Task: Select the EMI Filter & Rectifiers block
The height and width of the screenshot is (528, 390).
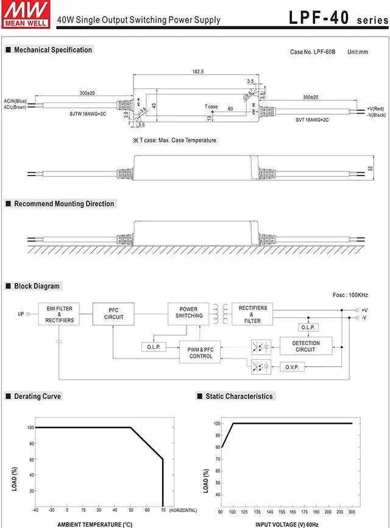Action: pos(59,315)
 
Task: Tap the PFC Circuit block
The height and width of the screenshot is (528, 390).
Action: pos(113,315)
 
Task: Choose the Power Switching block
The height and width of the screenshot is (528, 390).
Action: pos(189,313)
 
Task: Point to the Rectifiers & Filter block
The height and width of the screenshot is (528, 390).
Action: pos(252,314)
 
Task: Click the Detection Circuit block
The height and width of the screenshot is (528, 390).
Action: pos(305,346)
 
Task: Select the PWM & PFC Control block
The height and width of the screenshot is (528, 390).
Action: pos(200,352)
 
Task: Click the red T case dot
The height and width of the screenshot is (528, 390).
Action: pos(213,112)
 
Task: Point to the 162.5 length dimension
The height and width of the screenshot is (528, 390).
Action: pos(198,72)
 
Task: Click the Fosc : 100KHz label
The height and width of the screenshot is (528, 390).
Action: pos(350,295)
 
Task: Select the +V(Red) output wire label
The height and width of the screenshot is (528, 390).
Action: pos(376,108)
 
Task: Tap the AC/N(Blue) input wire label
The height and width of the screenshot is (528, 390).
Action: pos(15,101)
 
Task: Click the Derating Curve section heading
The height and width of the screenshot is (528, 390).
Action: pos(38,396)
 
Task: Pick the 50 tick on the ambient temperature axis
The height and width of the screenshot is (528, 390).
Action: pos(131,510)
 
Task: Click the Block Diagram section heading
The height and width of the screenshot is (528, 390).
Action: pos(37,286)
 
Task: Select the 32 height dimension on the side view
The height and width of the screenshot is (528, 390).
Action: pos(370,168)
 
